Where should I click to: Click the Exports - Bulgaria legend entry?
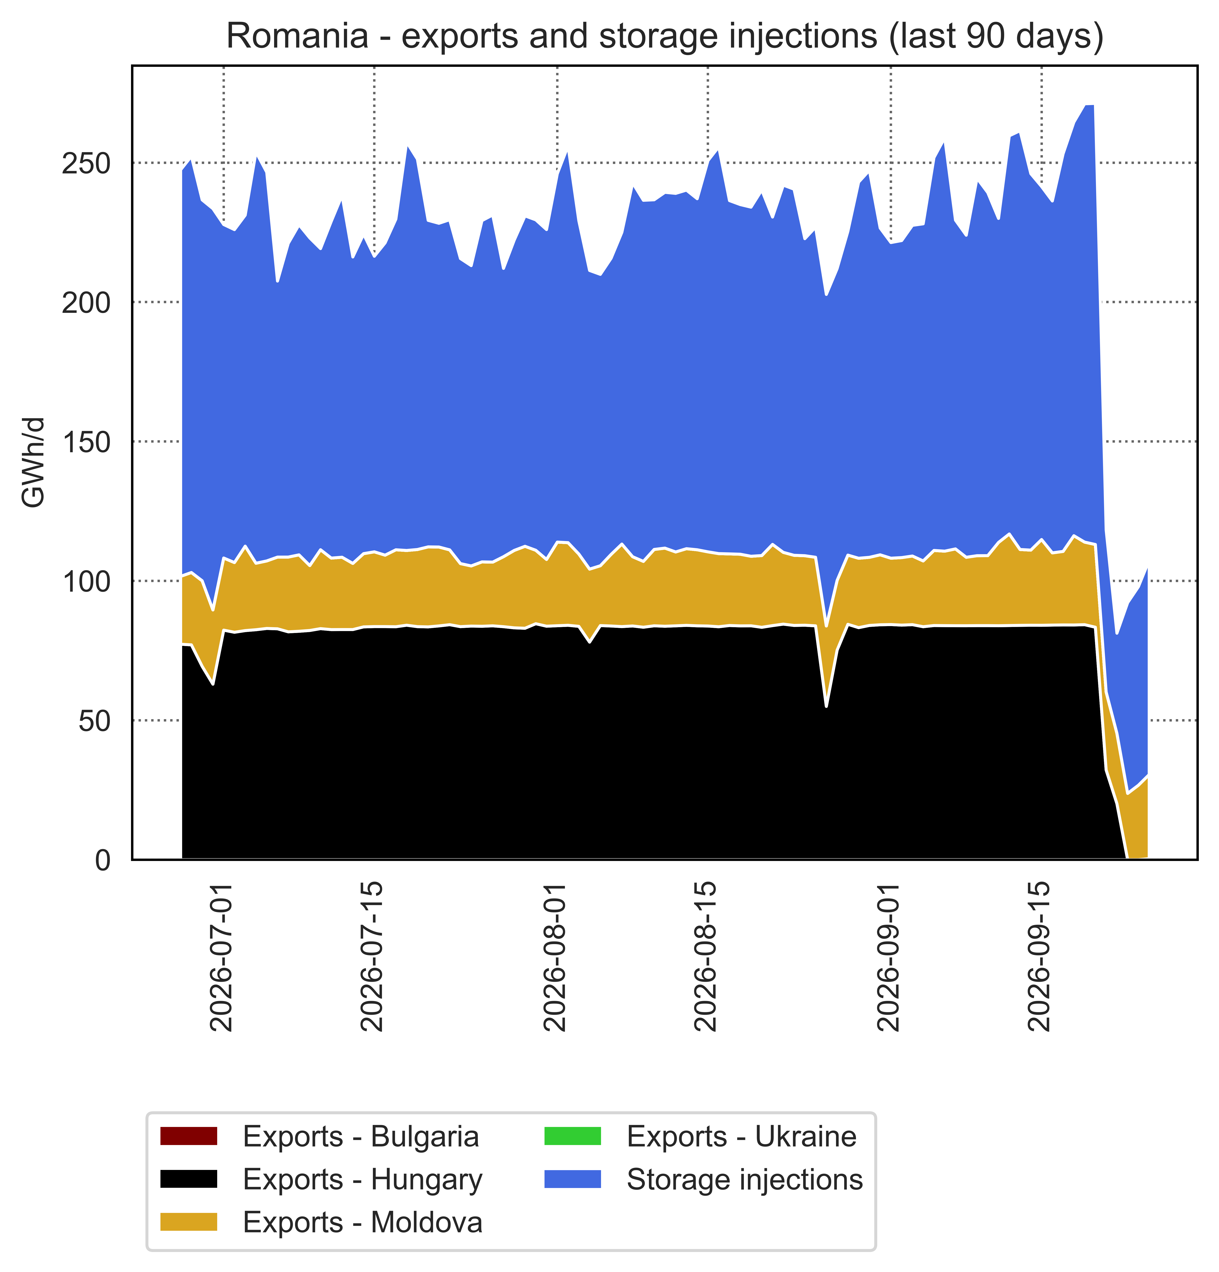320,1136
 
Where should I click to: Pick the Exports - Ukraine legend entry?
701,1136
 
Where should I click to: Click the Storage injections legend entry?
704,1179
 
